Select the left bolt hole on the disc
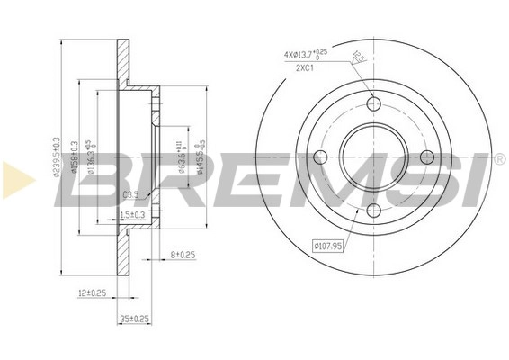(317, 157)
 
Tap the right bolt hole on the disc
(427, 157)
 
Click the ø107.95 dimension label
(330, 245)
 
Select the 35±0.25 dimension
(135, 318)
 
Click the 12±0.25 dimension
(93, 293)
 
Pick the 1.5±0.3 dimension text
(131, 213)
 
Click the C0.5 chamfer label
(130, 193)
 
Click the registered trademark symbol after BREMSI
(498, 159)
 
